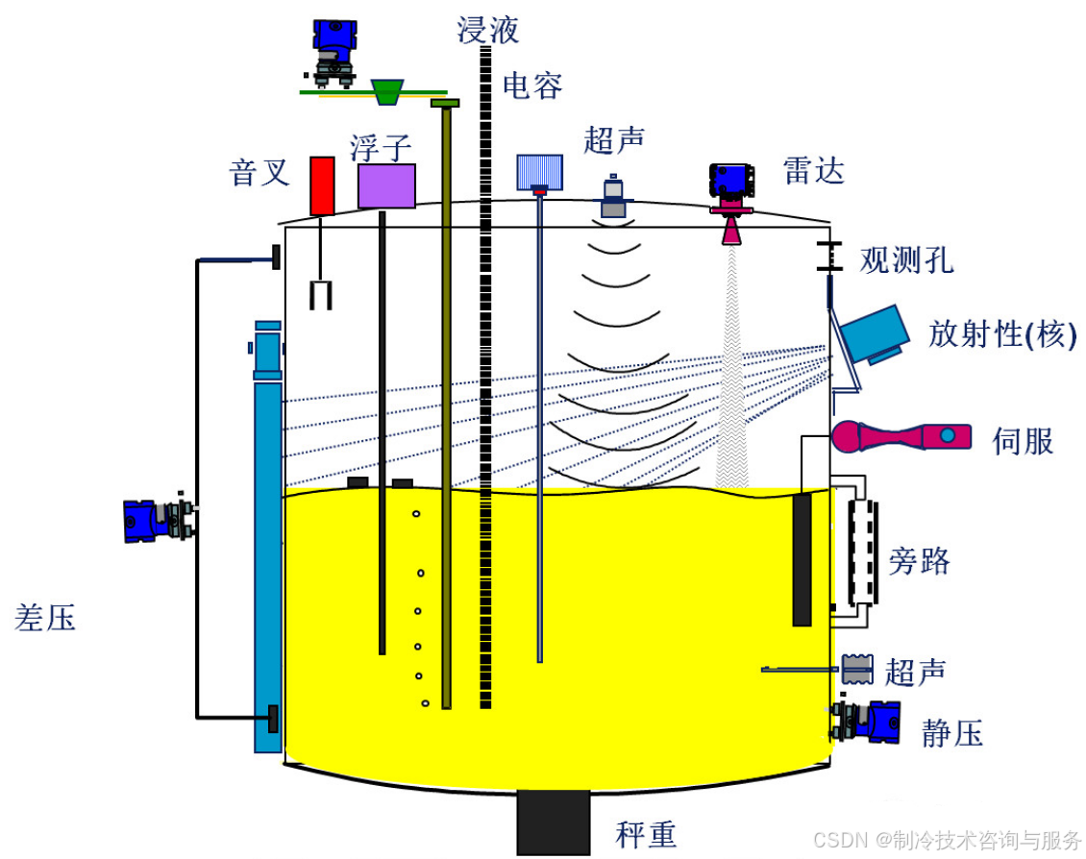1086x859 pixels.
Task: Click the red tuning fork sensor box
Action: (x=322, y=185)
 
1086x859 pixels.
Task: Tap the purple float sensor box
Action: (x=386, y=185)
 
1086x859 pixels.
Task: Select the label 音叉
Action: (x=259, y=173)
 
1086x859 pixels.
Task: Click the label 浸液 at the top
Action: (x=487, y=30)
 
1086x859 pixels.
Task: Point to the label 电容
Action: (x=532, y=86)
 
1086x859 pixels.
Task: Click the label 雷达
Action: (x=813, y=171)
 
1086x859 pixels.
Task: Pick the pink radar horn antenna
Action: (x=731, y=228)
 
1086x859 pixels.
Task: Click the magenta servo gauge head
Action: (x=851, y=437)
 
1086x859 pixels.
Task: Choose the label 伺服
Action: (x=1023, y=440)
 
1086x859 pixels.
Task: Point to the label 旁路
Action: (x=919, y=560)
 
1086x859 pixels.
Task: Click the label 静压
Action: (x=951, y=734)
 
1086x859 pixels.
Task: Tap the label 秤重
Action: (x=646, y=834)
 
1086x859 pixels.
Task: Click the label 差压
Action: (x=45, y=617)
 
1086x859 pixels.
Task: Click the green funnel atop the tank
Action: (x=387, y=91)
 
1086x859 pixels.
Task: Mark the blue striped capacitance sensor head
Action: (x=539, y=172)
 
